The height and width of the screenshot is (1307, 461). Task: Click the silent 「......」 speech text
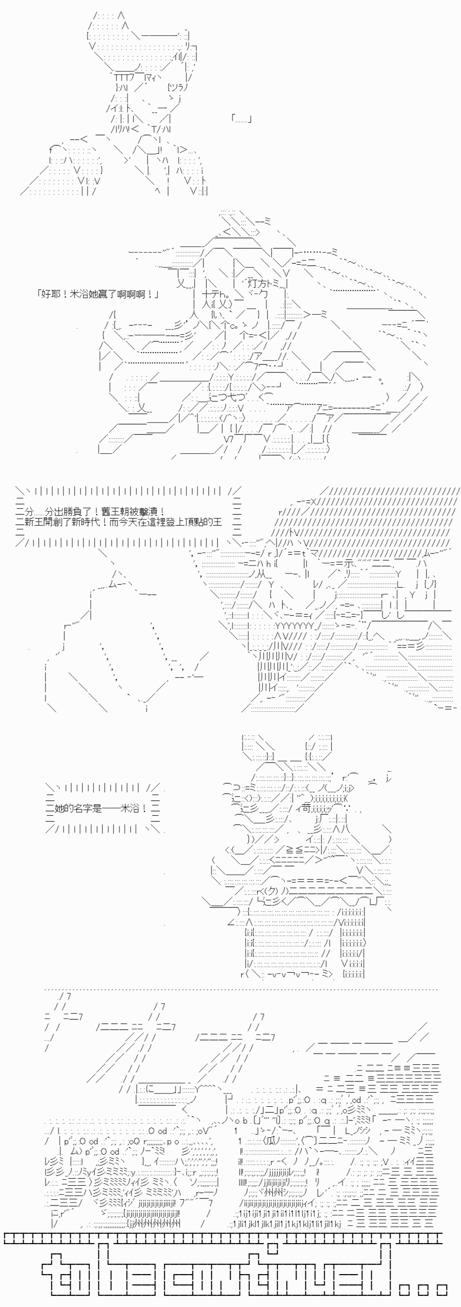point(241,119)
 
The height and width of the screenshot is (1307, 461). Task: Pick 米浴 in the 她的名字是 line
point(129,808)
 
